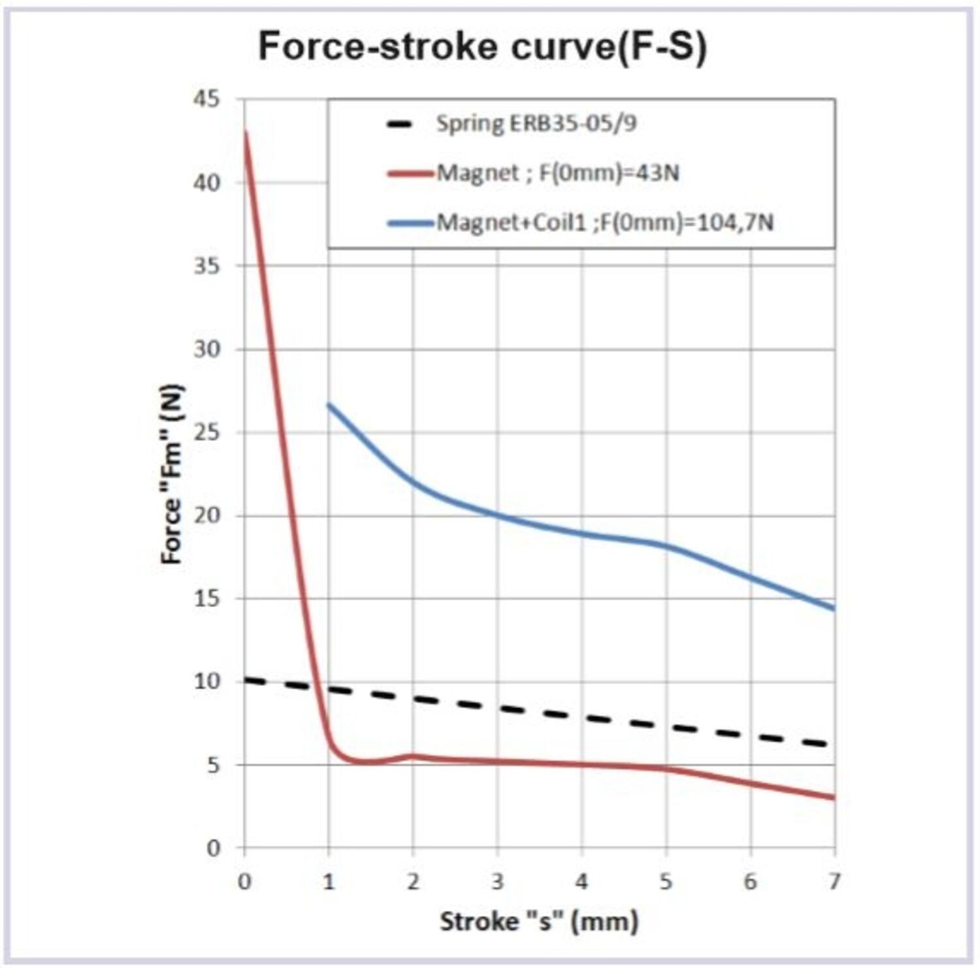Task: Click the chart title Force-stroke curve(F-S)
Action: [x=482, y=46]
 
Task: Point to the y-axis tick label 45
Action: [x=207, y=99]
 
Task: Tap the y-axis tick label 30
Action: [x=207, y=349]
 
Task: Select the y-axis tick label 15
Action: [x=207, y=598]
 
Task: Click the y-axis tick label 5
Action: [x=214, y=765]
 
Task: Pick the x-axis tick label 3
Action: [x=497, y=882]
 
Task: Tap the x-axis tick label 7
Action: [x=834, y=882]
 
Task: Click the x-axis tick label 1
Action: [x=329, y=882]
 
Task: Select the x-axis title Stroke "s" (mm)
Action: [x=539, y=922]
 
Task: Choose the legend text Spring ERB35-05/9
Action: [x=536, y=123]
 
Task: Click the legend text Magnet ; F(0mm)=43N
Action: [x=557, y=173]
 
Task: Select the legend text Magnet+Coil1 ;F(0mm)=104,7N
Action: [x=604, y=223]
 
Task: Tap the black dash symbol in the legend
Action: [x=399, y=124]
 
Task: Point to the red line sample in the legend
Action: [x=410, y=174]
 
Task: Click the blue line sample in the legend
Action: [x=410, y=223]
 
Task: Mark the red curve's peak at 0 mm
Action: [x=245, y=133]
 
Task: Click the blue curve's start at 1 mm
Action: [x=329, y=404]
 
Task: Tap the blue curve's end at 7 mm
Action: [x=834, y=609]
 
